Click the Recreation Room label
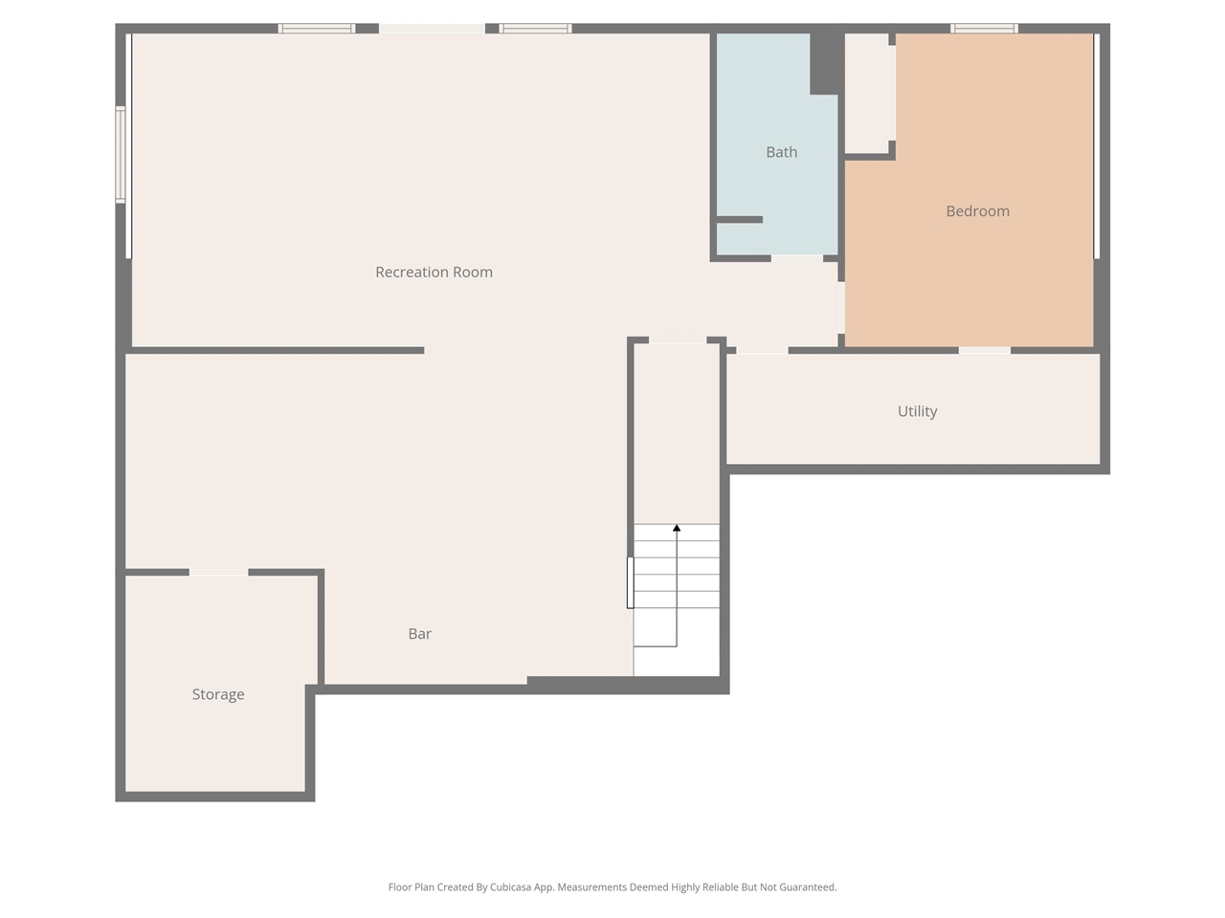click(434, 272)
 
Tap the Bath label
click(781, 152)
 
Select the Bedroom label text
click(977, 211)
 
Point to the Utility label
click(917, 411)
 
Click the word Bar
click(420, 634)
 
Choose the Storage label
click(218, 694)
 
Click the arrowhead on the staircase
click(677, 527)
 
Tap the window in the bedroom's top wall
click(984, 29)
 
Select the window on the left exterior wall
click(120, 154)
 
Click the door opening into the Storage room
click(219, 573)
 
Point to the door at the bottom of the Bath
click(797, 258)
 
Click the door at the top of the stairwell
click(678, 340)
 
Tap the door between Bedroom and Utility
click(985, 351)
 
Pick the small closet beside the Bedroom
click(867, 93)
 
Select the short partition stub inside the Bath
click(740, 220)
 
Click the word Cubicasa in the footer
click(511, 887)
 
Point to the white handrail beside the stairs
click(630, 582)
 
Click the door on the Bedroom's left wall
click(841, 308)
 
